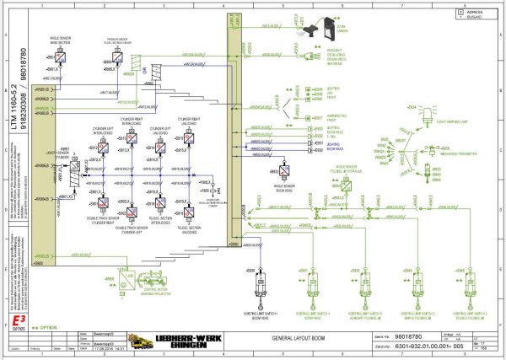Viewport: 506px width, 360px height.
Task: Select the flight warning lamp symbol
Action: coord(412,109)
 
